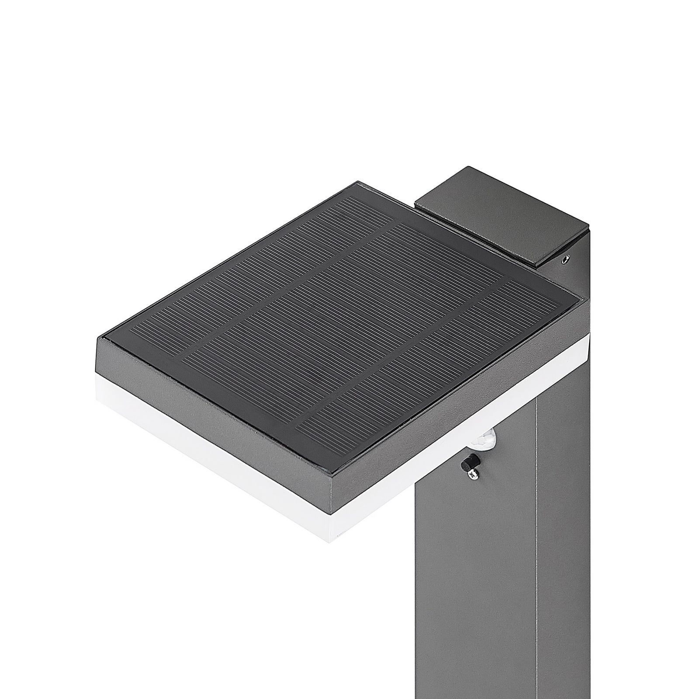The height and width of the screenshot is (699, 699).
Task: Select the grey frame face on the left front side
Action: (210, 402)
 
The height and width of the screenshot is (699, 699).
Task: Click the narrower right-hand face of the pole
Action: (564, 524)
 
